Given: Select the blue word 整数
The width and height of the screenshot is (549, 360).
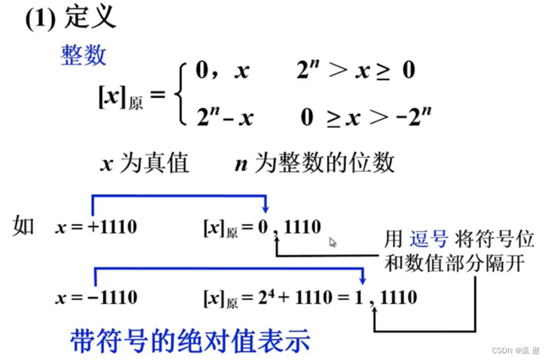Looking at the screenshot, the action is tap(83, 54).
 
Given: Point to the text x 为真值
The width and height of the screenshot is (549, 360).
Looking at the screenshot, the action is tap(144, 163).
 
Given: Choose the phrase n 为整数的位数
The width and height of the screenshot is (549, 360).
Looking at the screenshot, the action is tap(314, 163).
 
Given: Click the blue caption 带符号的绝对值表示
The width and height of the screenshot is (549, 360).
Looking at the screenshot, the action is tap(190, 340).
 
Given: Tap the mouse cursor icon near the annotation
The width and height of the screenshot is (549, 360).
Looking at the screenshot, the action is tap(333, 242).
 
